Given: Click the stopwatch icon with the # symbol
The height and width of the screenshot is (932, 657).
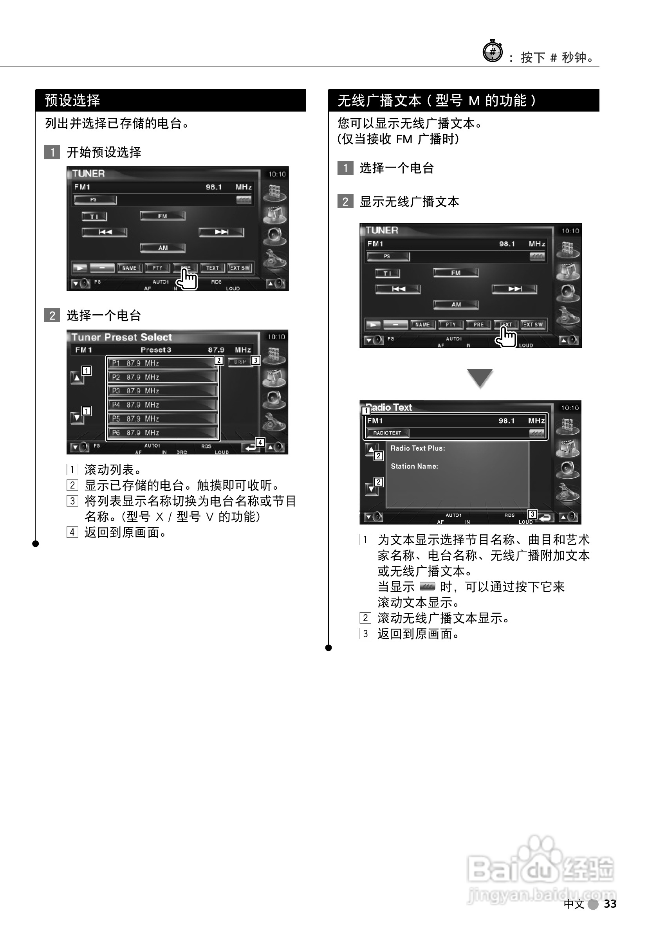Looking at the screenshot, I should point(493,52).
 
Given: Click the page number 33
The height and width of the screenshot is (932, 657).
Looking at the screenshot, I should point(610,903).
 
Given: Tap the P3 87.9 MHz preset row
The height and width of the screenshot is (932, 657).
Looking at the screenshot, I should point(162,391).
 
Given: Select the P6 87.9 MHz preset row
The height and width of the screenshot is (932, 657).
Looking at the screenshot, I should point(162,432).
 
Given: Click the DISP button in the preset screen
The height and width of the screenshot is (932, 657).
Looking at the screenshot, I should point(240,362).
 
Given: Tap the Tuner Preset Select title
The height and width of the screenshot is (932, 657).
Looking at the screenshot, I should point(122,337).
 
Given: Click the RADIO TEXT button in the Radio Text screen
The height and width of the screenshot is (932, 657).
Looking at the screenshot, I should point(387,433).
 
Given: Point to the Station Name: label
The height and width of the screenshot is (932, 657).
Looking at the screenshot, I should point(414,466).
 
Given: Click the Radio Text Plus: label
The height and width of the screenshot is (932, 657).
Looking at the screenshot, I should point(417,448).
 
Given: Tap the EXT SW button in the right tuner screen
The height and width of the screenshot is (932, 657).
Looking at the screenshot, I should point(533,324).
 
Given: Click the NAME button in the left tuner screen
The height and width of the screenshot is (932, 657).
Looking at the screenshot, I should point(130,267).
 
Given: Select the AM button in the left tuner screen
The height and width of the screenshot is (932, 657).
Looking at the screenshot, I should point(163,247).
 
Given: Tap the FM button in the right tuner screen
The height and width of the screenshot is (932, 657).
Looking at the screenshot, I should point(456,272).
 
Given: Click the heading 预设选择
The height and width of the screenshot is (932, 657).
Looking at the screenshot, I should point(72,100).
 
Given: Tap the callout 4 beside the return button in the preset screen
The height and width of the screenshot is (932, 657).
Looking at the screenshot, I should point(260,442).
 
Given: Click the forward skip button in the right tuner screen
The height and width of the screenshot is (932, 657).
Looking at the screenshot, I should point(514,288).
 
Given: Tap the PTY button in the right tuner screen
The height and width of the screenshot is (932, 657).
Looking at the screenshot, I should point(451,324).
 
